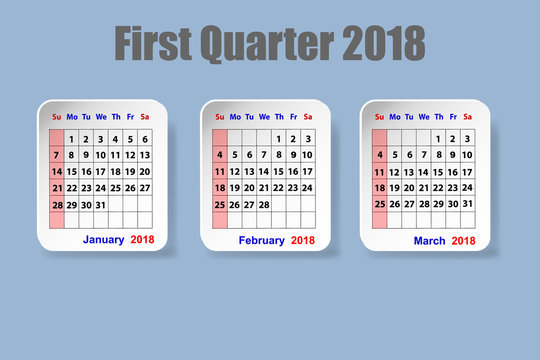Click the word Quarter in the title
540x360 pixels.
pyautogui.click(x=267, y=44)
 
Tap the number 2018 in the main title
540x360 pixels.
pyautogui.click(x=383, y=44)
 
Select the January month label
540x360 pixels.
pyautogui.click(x=103, y=240)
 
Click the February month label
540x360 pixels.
pyautogui.click(x=261, y=240)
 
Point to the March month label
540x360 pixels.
pyautogui.click(x=429, y=240)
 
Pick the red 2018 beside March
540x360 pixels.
pyautogui.click(x=463, y=240)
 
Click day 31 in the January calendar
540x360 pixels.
pyautogui.click(x=100, y=204)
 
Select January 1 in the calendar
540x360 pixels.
pyautogui.click(x=72, y=139)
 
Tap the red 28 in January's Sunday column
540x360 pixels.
pyautogui.click(x=57, y=204)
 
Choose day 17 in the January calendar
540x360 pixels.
pyautogui.click(x=101, y=172)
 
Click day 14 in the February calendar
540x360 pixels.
pyautogui.click(x=263, y=171)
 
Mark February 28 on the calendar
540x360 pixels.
pyautogui.click(x=263, y=204)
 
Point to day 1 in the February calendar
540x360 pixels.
pyautogui.click(x=278, y=138)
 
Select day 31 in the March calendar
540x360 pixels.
pyautogui.click(x=467, y=204)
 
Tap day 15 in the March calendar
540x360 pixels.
pyautogui.click(x=438, y=171)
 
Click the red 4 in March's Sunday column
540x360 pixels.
pyautogui.click(x=380, y=155)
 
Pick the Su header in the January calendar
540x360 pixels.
pyautogui.click(x=57, y=117)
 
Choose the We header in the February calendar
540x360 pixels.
pyautogui.click(x=264, y=117)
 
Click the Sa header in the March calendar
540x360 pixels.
pyautogui.click(x=467, y=117)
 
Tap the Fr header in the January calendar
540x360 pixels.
pyautogui.click(x=130, y=117)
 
